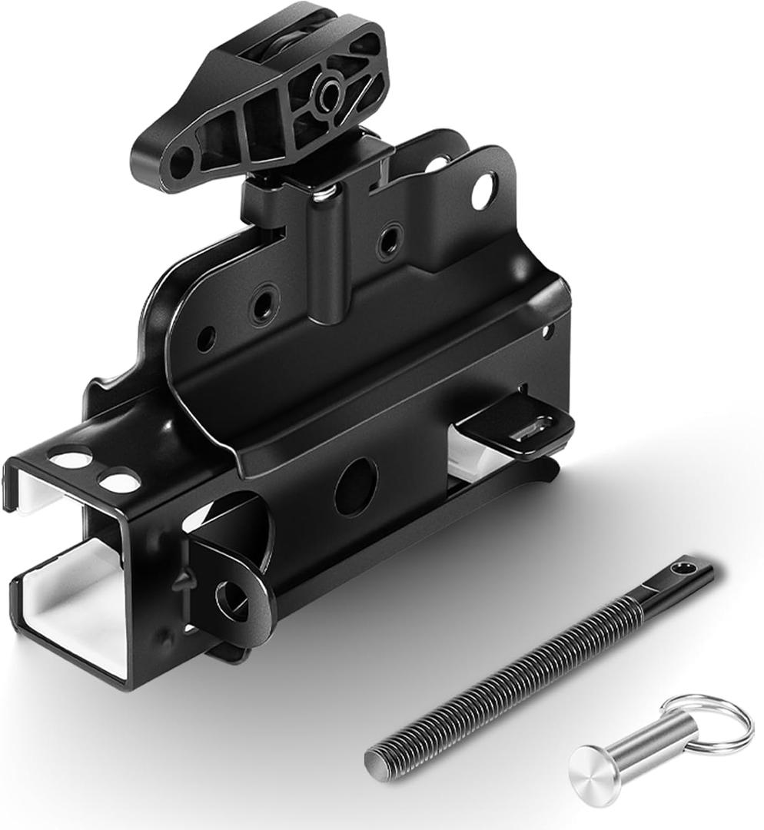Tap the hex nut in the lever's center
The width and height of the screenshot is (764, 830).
331,96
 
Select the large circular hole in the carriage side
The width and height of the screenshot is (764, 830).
356,486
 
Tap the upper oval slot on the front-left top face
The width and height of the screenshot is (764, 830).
71,460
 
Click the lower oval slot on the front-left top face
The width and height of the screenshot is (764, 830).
120,483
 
